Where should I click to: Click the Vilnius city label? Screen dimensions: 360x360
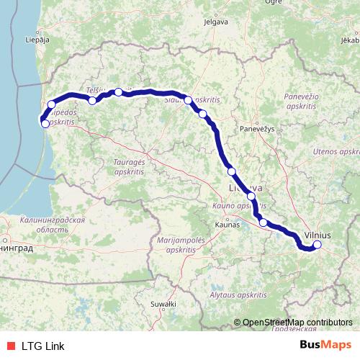click(x=318, y=235)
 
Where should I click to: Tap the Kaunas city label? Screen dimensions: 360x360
click(x=226, y=225)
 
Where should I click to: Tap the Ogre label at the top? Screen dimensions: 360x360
click(x=273, y=2)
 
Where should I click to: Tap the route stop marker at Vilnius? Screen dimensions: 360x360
click(x=317, y=246)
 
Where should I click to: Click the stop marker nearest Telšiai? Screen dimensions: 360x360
click(x=92, y=101)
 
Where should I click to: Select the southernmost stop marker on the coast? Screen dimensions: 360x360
click(x=45, y=123)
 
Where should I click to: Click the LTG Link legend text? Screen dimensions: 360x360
click(x=42, y=346)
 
